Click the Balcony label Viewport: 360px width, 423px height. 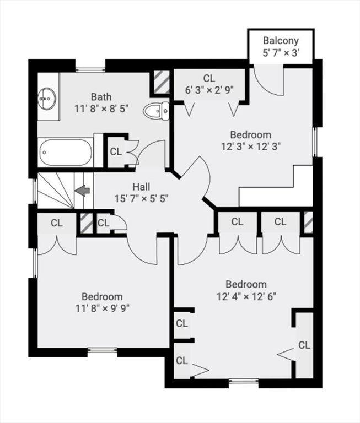pyautogui.click(x=281, y=41)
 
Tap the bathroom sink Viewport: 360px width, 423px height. pyautogui.click(x=47, y=99)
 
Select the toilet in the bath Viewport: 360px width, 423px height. pyautogui.click(x=156, y=111)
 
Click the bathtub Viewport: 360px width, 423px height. pyautogui.click(x=66, y=153)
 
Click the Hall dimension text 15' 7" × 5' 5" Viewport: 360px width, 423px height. pyautogui.click(x=142, y=199)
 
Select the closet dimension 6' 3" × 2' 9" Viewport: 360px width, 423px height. pyautogui.click(x=209, y=90)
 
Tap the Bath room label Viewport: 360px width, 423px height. pyautogui.click(x=101, y=96)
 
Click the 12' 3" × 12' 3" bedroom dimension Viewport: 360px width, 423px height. pyautogui.click(x=251, y=147)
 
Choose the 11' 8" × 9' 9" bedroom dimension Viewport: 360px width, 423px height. pyautogui.click(x=103, y=308)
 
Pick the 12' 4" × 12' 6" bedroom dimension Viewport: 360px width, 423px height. pyautogui.click(x=246, y=296)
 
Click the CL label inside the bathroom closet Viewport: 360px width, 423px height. pyautogui.click(x=116, y=151)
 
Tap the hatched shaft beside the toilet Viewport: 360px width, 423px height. pyautogui.click(x=161, y=82)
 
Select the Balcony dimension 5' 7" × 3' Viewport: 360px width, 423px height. pyautogui.click(x=281, y=53)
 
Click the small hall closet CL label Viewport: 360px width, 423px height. pyautogui.click(x=104, y=223)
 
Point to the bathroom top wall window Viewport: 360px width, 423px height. pyautogui.click(x=90, y=70)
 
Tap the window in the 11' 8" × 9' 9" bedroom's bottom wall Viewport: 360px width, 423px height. pyautogui.click(x=103, y=351)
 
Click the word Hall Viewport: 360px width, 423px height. pyautogui.click(x=142, y=187)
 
